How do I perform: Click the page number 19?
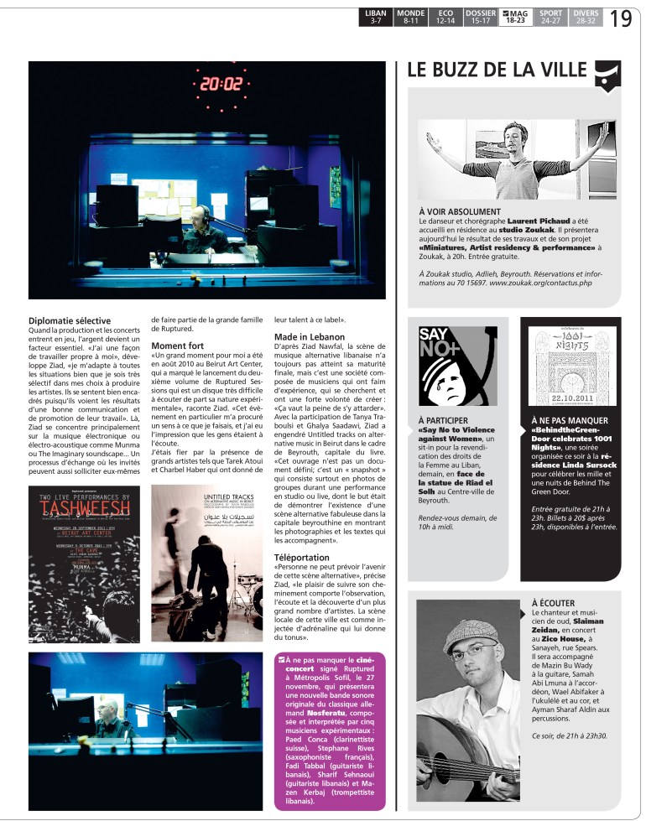pyautogui.click(x=620, y=17)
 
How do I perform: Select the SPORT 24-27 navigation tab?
pyautogui.click(x=550, y=17)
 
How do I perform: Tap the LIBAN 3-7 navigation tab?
pyautogui.click(x=375, y=17)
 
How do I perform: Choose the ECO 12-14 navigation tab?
pyautogui.click(x=445, y=17)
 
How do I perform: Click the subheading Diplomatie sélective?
pyautogui.click(x=70, y=320)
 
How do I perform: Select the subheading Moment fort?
pyautogui.click(x=179, y=346)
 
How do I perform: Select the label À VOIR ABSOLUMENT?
pyautogui.click(x=459, y=211)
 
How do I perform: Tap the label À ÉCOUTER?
pyautogui.click(x=553, y=602)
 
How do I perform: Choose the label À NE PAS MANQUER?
pyautogui.click(x=570, y=419)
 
